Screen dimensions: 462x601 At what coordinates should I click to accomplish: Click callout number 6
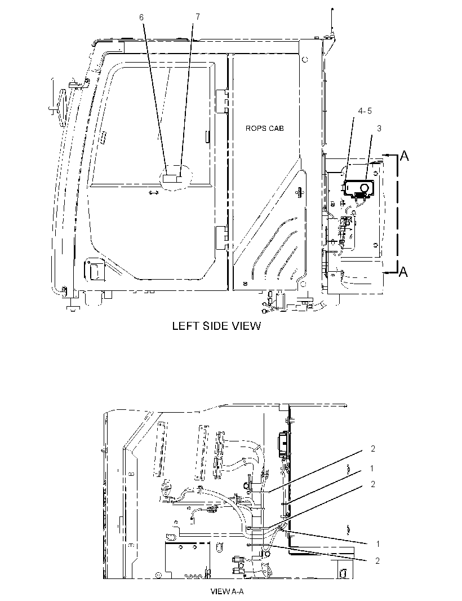[x=141, y=17]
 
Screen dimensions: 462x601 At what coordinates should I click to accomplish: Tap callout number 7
[x=198, y=17]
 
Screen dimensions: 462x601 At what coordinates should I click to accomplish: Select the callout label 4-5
[x=365, y=111]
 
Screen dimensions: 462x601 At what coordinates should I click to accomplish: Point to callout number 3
[x=379, y=129]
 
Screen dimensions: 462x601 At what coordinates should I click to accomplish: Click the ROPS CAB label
[x=265, y=129]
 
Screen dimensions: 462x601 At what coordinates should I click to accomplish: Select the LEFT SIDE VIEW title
[x=216, y=326]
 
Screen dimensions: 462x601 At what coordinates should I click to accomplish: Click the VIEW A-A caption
[x=227, y=591]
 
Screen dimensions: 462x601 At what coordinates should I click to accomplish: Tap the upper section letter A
[x=404, y=156]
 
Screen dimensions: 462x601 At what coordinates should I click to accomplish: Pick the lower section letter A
[x=403, y=272]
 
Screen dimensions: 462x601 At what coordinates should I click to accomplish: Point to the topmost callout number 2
[x=373, y=448]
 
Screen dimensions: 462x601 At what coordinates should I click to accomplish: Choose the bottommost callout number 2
[x=377, y=561]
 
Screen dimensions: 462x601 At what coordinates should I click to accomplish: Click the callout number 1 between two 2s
[x=372, y=468]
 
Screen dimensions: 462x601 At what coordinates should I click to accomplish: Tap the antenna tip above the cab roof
[x=332, y=9]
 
